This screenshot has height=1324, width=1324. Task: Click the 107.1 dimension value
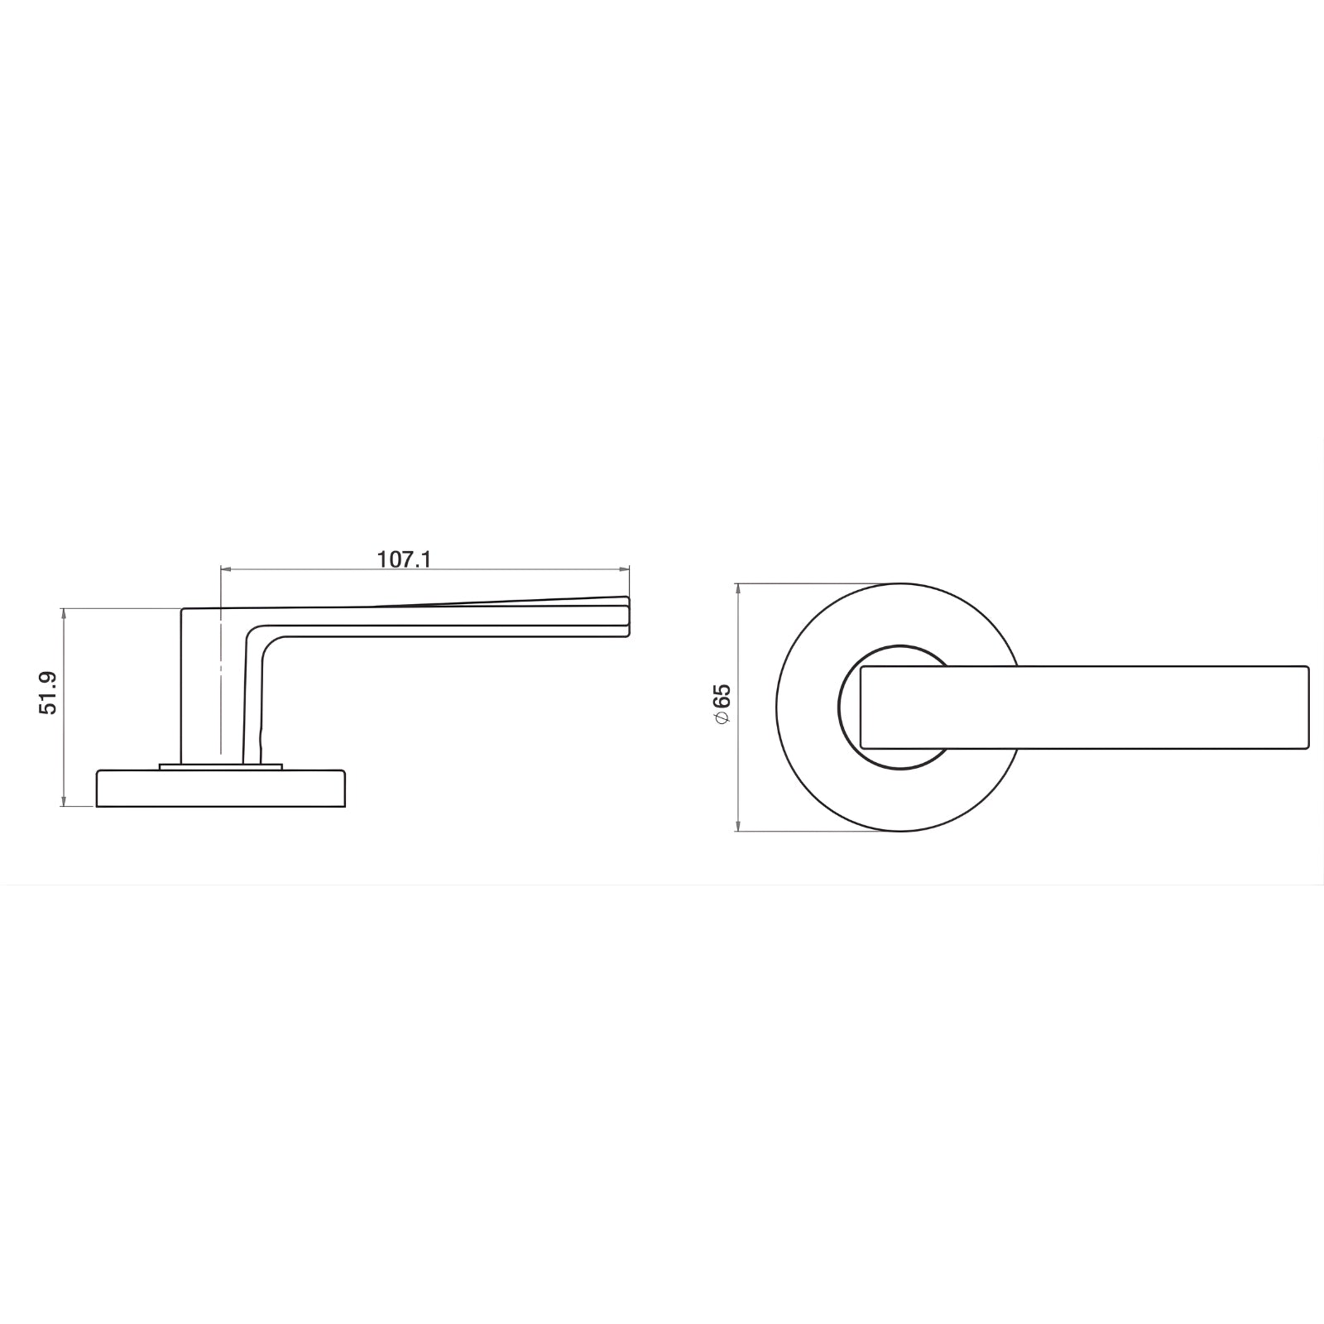coord(404,559)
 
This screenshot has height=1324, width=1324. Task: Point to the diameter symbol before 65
coord(722,717)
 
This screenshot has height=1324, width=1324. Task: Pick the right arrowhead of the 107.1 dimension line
coord(625,568)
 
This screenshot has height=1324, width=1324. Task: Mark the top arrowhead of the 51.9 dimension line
coord(63,613)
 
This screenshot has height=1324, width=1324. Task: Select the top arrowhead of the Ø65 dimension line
coord(736,588)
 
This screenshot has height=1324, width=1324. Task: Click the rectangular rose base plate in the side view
coord(220,789)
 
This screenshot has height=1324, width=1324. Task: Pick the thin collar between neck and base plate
coord(220,766)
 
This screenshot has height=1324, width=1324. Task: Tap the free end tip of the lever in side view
coord(626,616)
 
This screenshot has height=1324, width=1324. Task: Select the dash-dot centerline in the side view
coord(221,687)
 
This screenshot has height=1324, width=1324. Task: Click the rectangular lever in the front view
coord(1084,707)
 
